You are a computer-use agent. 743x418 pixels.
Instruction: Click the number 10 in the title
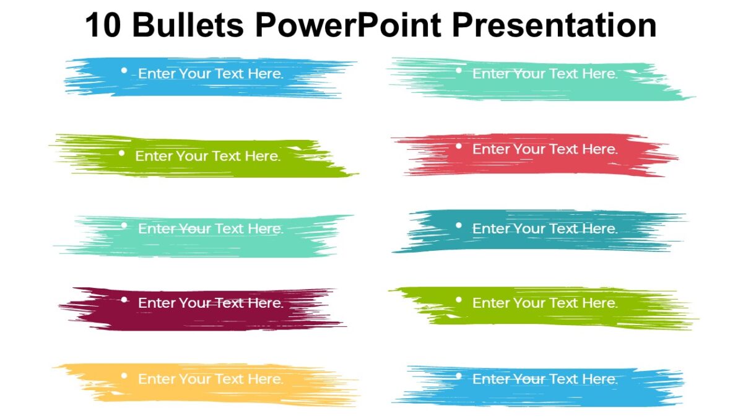point(103,25)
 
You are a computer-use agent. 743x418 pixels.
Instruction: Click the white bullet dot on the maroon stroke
point(124,300)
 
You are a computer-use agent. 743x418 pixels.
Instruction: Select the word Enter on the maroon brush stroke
point(156,303)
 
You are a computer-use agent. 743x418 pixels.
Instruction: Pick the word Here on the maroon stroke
point(265,303)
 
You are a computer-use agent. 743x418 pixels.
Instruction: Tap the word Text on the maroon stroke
point(228,303)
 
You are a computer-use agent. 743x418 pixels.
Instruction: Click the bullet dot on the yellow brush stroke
point(124,375)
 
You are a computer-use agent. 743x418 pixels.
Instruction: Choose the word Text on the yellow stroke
point(228,379)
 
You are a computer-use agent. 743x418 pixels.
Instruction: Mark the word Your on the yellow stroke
point(194,379)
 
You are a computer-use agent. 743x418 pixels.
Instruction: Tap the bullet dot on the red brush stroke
point(459,146)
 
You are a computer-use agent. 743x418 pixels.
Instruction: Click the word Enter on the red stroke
point(491,149)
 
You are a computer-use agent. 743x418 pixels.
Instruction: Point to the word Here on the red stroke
point(599,149)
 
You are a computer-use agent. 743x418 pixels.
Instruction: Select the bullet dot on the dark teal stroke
point(459,225)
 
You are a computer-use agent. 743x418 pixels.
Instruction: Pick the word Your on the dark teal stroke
point(528,229)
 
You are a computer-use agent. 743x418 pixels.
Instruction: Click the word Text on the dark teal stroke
point(563,229)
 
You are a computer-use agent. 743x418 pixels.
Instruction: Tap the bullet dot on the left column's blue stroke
point(124,71)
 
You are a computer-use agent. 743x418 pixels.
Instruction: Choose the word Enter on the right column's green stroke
point(491,303)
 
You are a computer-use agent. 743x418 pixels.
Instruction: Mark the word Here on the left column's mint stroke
point(265,229)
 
